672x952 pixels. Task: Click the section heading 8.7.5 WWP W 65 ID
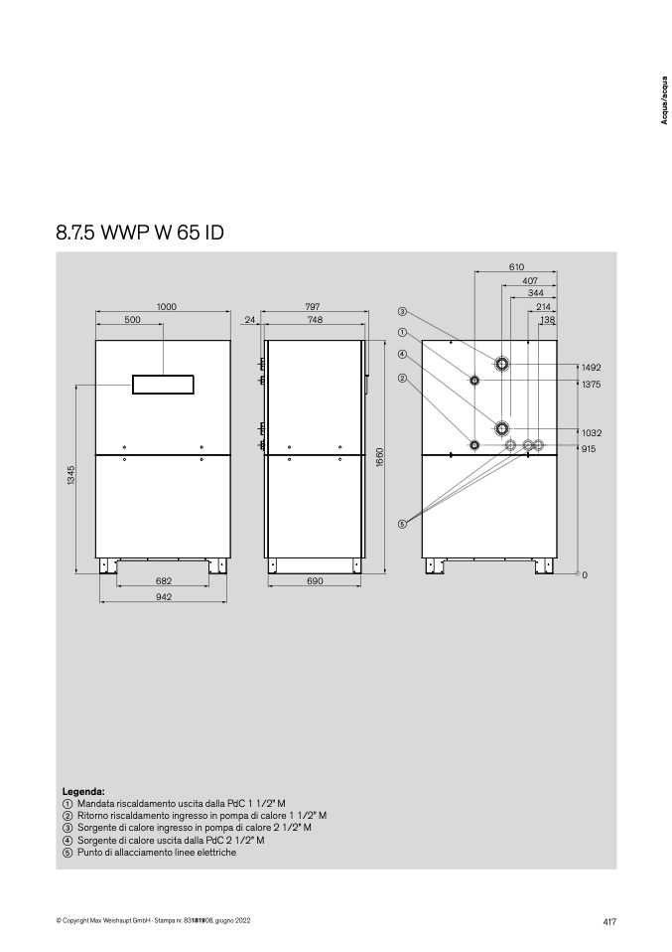click(x=140, y=233)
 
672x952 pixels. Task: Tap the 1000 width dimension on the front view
click(x=167, y=307)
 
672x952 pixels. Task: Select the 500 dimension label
click(x=132, y=320)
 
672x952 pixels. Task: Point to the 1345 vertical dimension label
click(x=71, y=475)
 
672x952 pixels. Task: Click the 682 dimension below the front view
click(x=164, y=581)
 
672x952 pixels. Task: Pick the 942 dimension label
click(x=164, y=597)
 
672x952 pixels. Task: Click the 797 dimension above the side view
click(x=313, y=307)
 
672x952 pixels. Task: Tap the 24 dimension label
click(x=250, y=320)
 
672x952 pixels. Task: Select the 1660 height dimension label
click(x=380, y=457)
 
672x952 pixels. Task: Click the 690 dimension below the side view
click(x=316, y=581)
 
